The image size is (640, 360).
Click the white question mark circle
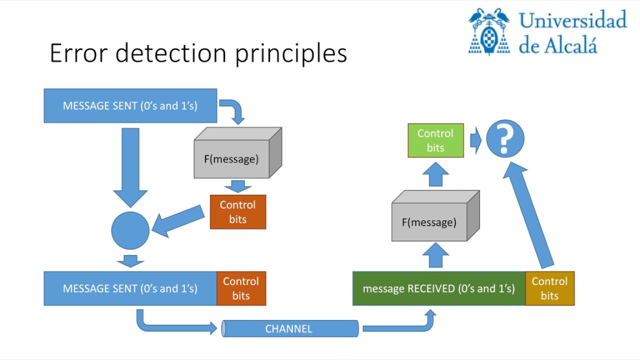point(505,139)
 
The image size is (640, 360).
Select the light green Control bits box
point(435,140)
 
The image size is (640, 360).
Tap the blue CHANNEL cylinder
point(290,328)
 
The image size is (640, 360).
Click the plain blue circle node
point(130,230)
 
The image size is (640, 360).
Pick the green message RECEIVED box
point(438,288)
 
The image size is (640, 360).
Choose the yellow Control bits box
point(549,288)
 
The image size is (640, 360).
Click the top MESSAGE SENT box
point(130,106)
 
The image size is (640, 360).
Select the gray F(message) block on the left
point(232,159)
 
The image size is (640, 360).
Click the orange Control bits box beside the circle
point(237,212)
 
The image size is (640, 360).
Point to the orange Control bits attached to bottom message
point(240,288)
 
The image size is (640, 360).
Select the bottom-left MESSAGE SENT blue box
point(130,288)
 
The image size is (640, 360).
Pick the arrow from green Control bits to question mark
point(475,140)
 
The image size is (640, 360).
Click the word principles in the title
point(291,53)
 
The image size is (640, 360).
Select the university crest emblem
point(489,31)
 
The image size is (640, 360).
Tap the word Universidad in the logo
point(572,20)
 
